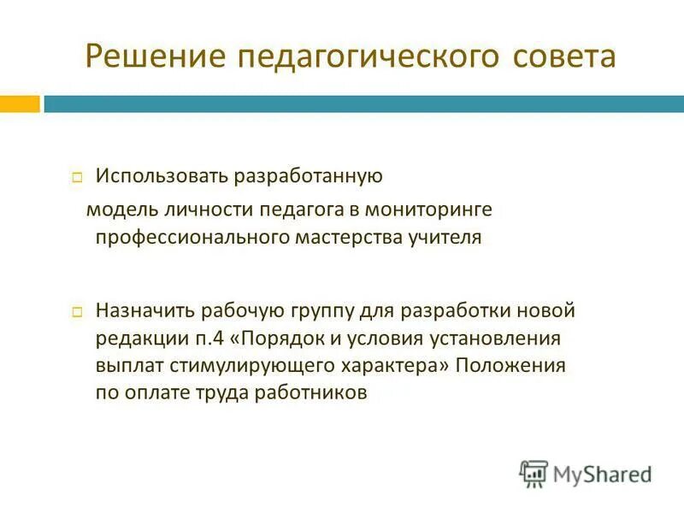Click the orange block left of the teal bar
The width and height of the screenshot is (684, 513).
20,104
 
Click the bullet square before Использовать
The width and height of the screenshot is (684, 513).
77,178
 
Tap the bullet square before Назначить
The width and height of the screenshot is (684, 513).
77,310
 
